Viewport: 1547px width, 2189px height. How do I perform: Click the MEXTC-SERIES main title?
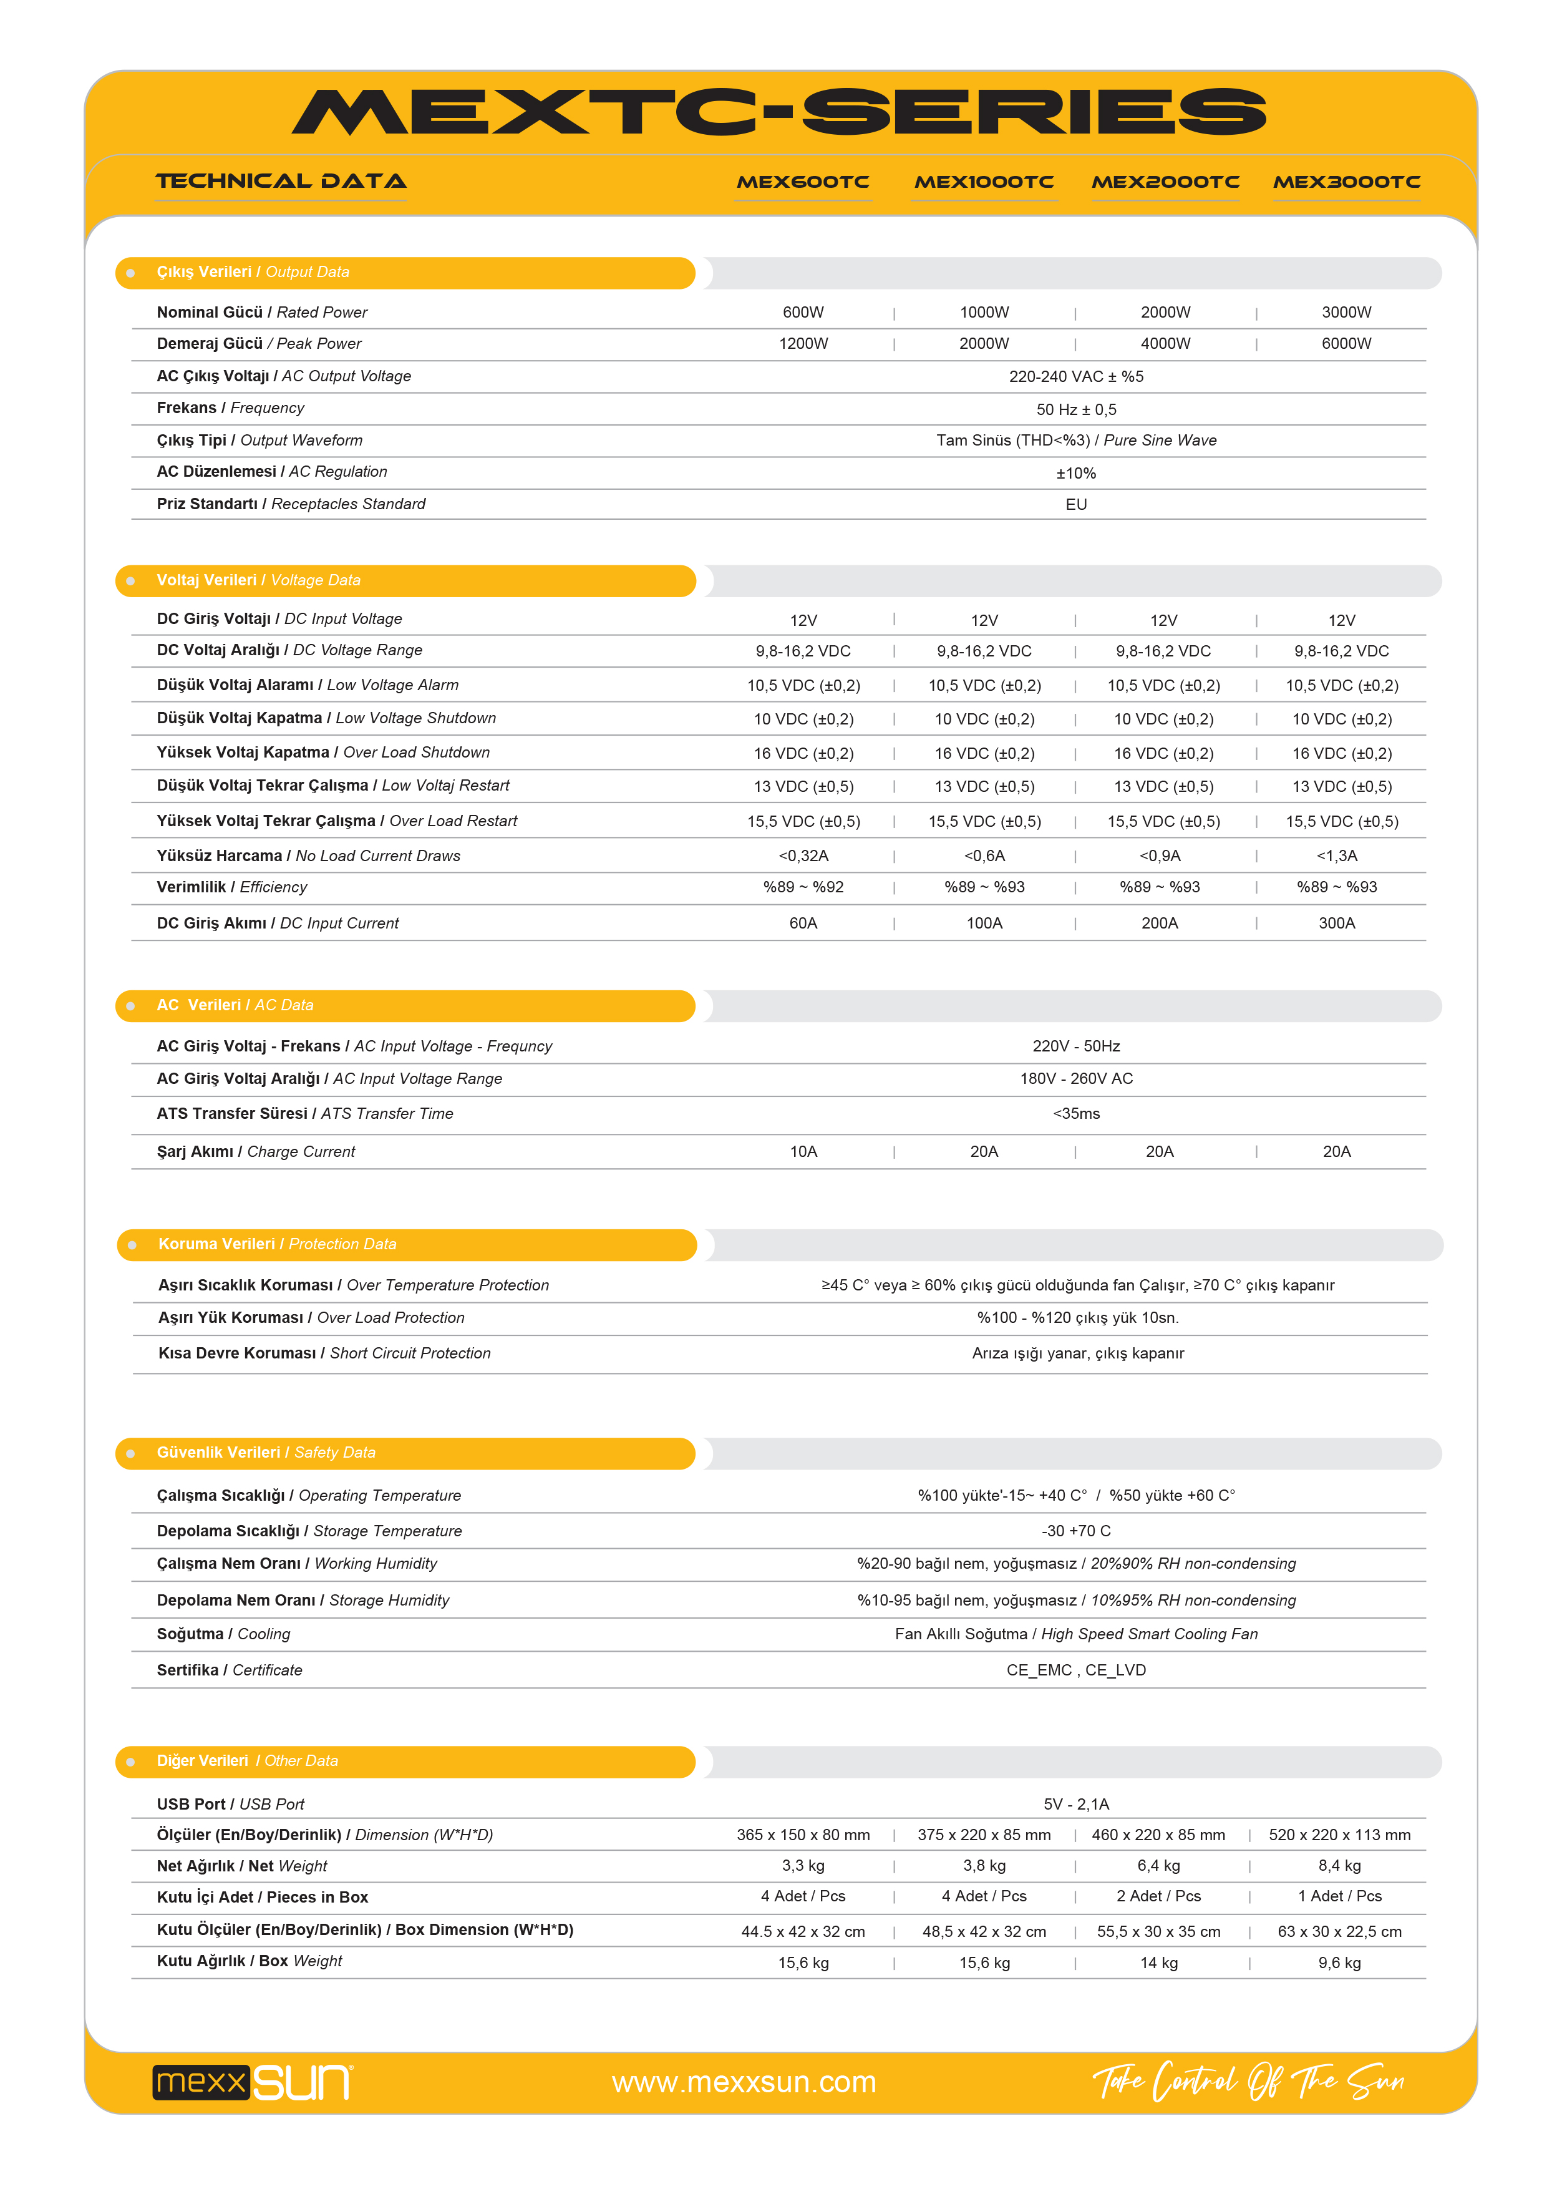point(778,112)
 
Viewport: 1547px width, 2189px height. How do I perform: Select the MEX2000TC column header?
point(1165,182)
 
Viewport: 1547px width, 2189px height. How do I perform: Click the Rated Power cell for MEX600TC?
point(803,313)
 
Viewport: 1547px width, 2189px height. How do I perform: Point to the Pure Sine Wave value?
point(1075,441)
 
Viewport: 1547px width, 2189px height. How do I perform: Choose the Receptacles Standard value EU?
point(1075,504)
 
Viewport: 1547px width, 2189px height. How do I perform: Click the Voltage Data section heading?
point(258,580)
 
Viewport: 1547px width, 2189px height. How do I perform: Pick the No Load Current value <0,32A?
point(803,856)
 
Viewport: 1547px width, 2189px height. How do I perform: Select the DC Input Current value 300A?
point(1336,923)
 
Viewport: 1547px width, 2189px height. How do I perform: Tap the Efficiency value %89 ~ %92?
point(803,887)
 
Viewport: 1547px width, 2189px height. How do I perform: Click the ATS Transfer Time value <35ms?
point(1075,1114)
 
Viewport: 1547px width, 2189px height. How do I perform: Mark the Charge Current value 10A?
point(803,1152)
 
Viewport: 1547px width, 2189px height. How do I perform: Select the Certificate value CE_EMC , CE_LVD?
point(1075,1670)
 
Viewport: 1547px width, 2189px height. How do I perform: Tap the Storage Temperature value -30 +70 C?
point(1075,1531)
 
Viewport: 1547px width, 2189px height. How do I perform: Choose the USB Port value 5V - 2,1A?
point(1075,1804)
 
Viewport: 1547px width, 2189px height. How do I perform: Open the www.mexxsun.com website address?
point(744,2082)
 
